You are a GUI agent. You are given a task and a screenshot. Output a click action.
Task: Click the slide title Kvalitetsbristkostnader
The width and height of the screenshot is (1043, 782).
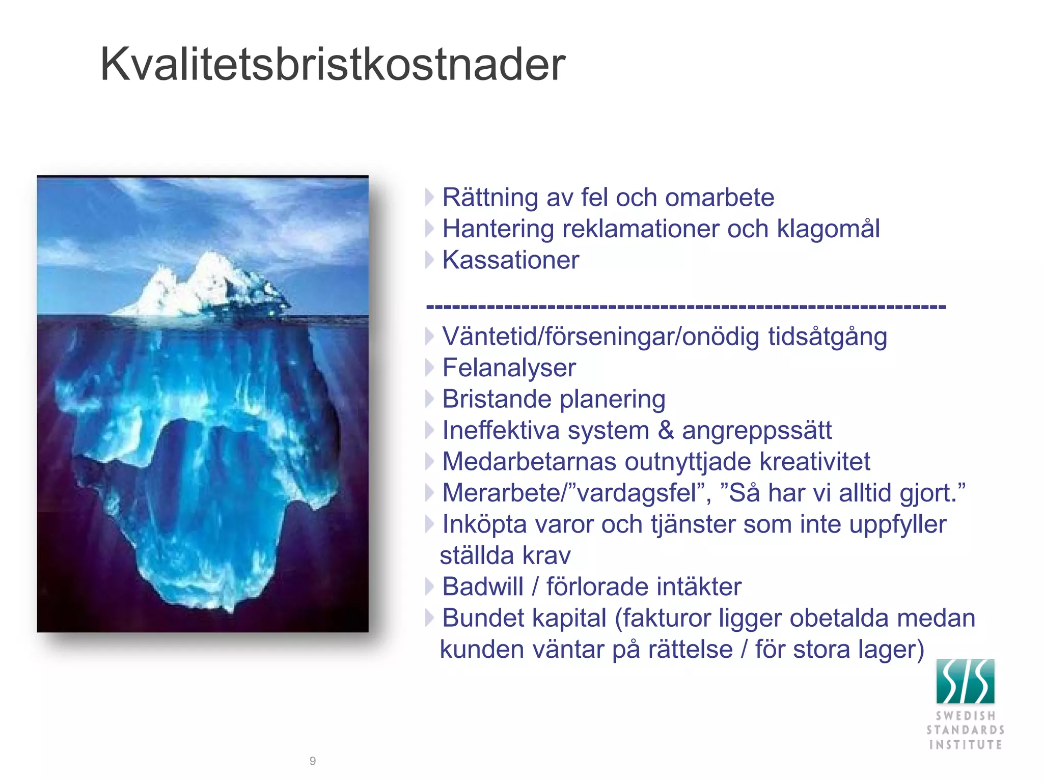[x=333, y=65]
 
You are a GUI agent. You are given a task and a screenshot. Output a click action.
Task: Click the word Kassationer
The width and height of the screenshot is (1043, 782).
[x=510, y=260]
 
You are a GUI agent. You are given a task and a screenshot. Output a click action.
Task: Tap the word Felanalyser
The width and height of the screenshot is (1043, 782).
[x=509, y=368]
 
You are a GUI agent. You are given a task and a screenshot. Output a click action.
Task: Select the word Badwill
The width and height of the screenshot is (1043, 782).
[x=482, y=587]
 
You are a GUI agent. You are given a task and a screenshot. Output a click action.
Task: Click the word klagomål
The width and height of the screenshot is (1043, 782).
[x=828, y=229]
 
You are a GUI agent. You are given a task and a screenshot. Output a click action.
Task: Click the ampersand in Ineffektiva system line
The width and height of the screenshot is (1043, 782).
[x=665, y=431]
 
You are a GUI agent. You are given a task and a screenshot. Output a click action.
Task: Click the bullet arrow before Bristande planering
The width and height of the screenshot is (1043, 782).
[x=429, y=399]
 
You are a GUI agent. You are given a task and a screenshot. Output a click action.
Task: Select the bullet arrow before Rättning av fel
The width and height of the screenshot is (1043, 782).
[x=429, y=198]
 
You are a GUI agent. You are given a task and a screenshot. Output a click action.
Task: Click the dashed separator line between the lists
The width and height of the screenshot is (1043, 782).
[x=685, y=306]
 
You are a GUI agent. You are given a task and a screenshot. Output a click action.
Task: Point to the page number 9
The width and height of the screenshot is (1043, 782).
[x=313, y=761]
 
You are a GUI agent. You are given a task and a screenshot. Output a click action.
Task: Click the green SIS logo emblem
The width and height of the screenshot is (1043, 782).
[x=965, y=681]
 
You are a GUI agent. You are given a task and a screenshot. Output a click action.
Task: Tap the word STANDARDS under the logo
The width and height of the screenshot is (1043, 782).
[x=965, y=730]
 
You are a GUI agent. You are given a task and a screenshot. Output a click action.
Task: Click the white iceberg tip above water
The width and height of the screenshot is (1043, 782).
[x=204, y=285]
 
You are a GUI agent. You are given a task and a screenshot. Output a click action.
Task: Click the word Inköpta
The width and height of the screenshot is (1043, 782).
[x=484, y=525]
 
